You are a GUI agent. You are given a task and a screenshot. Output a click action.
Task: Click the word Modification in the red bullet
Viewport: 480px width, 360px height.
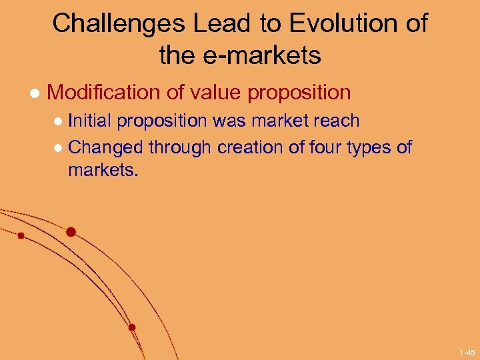tap(103, 93)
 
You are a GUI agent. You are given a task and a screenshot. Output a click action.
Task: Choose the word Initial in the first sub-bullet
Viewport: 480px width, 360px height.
tap(91, 121)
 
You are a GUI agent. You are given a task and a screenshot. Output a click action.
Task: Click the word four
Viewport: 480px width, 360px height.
tap(329, 147)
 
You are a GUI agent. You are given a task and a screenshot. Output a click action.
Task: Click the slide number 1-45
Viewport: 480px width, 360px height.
tap(466, 351)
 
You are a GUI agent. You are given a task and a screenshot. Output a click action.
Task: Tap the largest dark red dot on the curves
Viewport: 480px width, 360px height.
tap(71, 232)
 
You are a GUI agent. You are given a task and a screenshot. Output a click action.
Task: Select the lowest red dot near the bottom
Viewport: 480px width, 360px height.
tap(132, 327)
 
